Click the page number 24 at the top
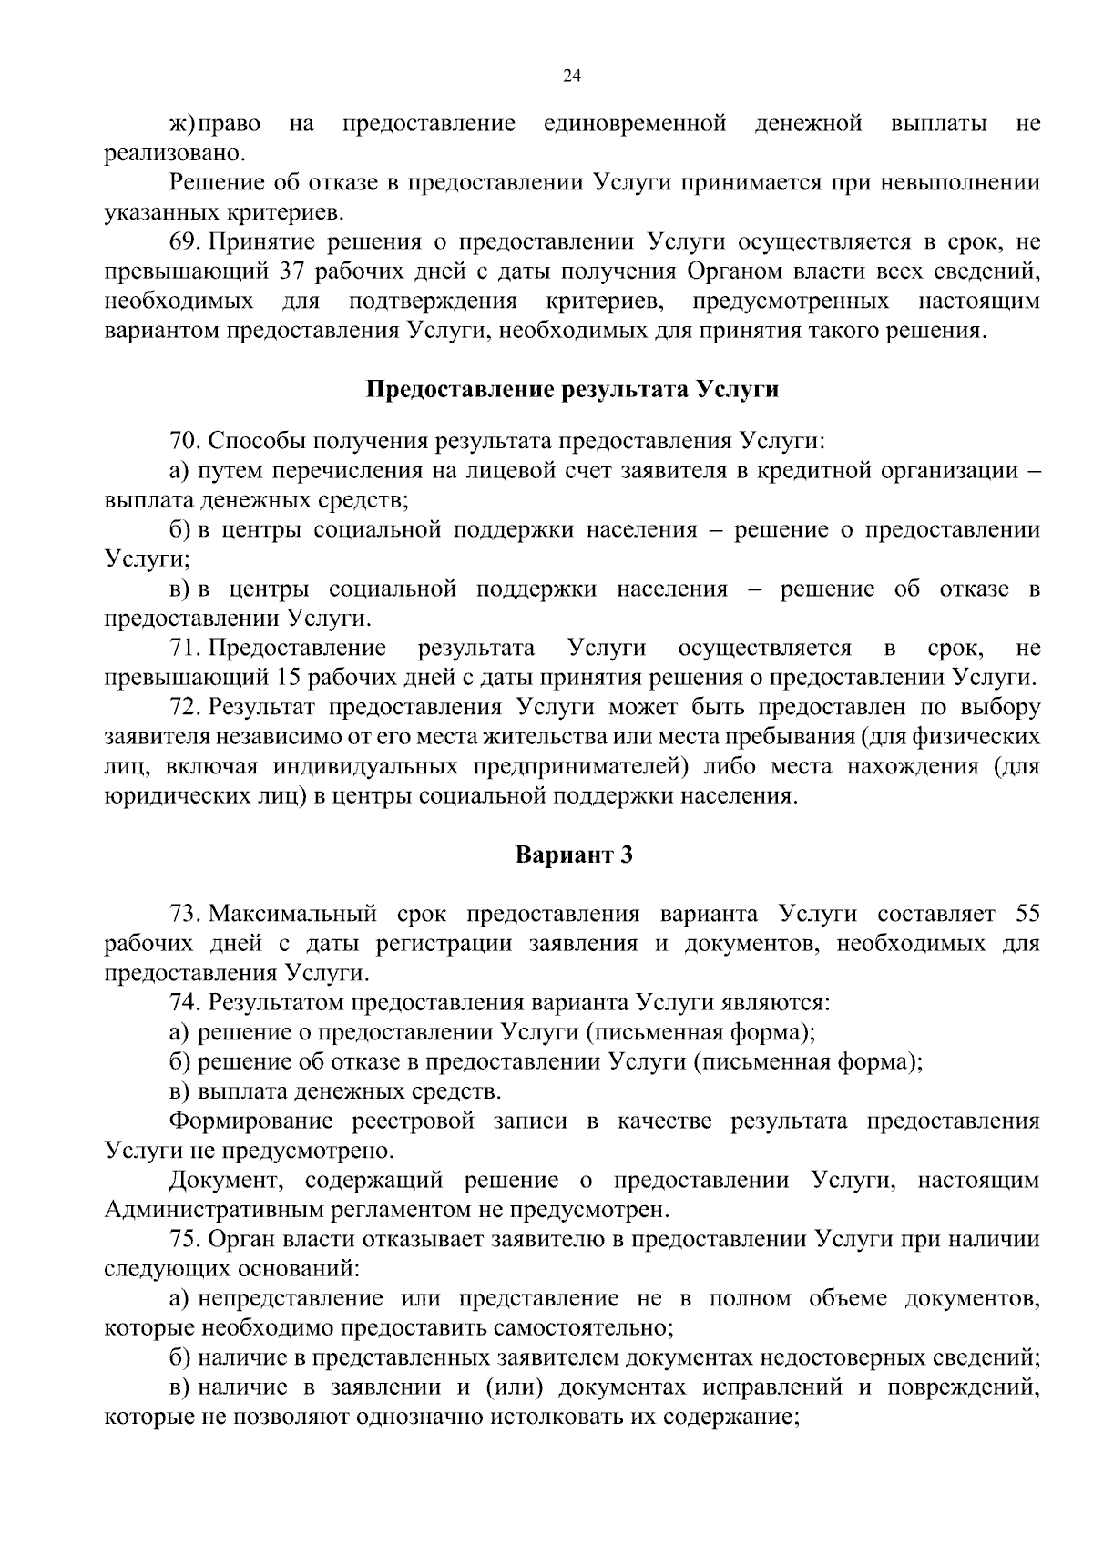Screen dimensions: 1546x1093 click(x=572, y=76)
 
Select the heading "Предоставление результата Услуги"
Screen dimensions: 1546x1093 click(x=572, y=390)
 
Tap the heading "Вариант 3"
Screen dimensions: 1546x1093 click(x=573, y=855)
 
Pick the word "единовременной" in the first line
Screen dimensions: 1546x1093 click(x=635, y=123)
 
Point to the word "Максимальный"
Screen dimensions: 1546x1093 click(x=293, y=914)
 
